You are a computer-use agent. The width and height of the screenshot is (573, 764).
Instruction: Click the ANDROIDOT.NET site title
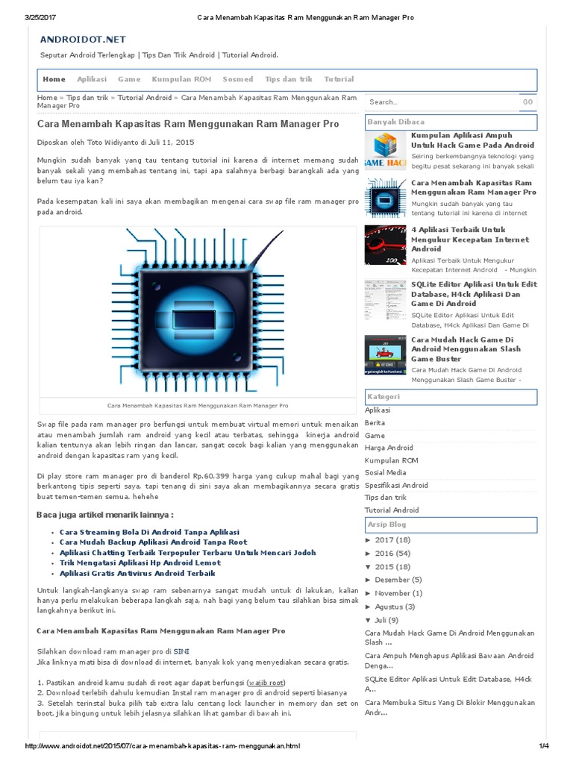pyautogui.click(x=83, y=39)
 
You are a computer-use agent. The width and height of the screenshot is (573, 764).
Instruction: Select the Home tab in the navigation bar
pyautogui.click(x=54, y=79)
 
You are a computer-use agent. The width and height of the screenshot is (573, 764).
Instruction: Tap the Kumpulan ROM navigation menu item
pyautogui.click(x=181, y=79)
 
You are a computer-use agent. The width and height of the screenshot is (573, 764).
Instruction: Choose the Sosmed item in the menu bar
pyautogui.click(x=238, y=79)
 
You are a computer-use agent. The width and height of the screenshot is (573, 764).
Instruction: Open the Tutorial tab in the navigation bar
pyautogui.click(x=339, y=79)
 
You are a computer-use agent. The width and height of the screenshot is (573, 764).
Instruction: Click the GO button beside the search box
pyautogui.click(x=527, y=102)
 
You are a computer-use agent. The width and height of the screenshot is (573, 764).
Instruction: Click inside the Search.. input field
pyautogui.click(x=440, y=102)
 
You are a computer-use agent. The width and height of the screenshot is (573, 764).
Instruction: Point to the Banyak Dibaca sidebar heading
pyautogui.click(x=396, y=121)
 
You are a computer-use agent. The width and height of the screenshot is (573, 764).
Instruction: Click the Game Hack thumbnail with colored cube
pyautogui.click(x=385, y=151)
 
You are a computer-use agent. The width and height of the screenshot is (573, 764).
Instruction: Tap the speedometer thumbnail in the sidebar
pyautogui.click(x=385, y=245)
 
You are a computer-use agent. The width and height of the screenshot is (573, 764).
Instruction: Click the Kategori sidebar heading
pyautogui.click(x=383, y=396)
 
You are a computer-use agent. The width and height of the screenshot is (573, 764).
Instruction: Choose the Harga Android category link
pyautogui.click(x=389, y=448)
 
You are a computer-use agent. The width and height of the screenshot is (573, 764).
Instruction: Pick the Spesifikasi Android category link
pyautogui.click(x=396, y=485)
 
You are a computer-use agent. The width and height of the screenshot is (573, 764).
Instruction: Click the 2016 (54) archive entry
pyautogui.click(x=392, y=553)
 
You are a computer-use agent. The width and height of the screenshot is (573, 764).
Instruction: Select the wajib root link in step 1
pyautogui.click(x=266, y=683)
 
